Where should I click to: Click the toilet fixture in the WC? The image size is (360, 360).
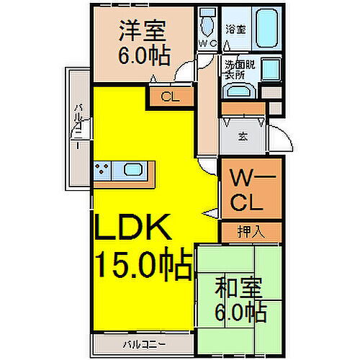click(207, 25)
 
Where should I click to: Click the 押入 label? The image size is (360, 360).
click(251, 231)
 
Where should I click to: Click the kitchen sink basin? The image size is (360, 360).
click(133, 171)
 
